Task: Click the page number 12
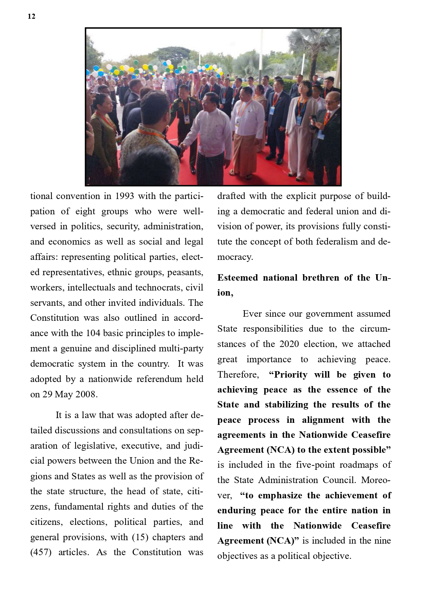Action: click(x=31, y=16)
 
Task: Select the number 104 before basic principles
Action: click(x=93, y=333)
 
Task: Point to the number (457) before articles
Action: click(x=41, y=552)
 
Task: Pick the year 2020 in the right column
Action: click(x=289, y=344)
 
